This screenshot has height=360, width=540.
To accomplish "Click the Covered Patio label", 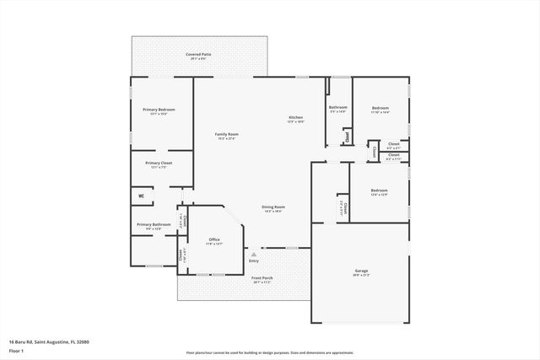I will click(x=199, y=55).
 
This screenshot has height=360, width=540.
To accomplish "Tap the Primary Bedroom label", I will click(x=159, y=110).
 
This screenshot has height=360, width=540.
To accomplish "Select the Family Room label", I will click(x=226, y=135).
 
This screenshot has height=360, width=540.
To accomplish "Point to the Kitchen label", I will click(x=295, y=117).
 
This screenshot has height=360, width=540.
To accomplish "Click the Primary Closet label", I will click(x=159, y=164).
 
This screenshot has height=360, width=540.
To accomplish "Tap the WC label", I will click(x=141, y=197).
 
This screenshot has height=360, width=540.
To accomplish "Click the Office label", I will click(x=214, y=240).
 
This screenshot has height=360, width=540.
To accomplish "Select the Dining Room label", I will click(x=273, y=207).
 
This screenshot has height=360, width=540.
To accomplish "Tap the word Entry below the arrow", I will click(x=253, y=262).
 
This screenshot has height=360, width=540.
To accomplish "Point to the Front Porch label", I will click(x=262, y=277).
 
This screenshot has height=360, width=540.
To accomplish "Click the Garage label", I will click(x=360, y=271).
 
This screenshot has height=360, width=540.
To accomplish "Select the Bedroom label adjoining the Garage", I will click(x=379, y=191).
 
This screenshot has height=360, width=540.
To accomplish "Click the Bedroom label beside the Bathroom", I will click(x=380, y=108).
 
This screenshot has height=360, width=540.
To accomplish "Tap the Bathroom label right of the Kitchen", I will click(x=338, y=107).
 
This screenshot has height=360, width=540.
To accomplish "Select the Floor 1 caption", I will click(x=17, y=349).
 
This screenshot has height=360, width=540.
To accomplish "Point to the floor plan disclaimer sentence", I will click(x=269, y=353).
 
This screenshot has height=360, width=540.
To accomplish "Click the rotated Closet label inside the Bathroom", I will click(x=345, y=137).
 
